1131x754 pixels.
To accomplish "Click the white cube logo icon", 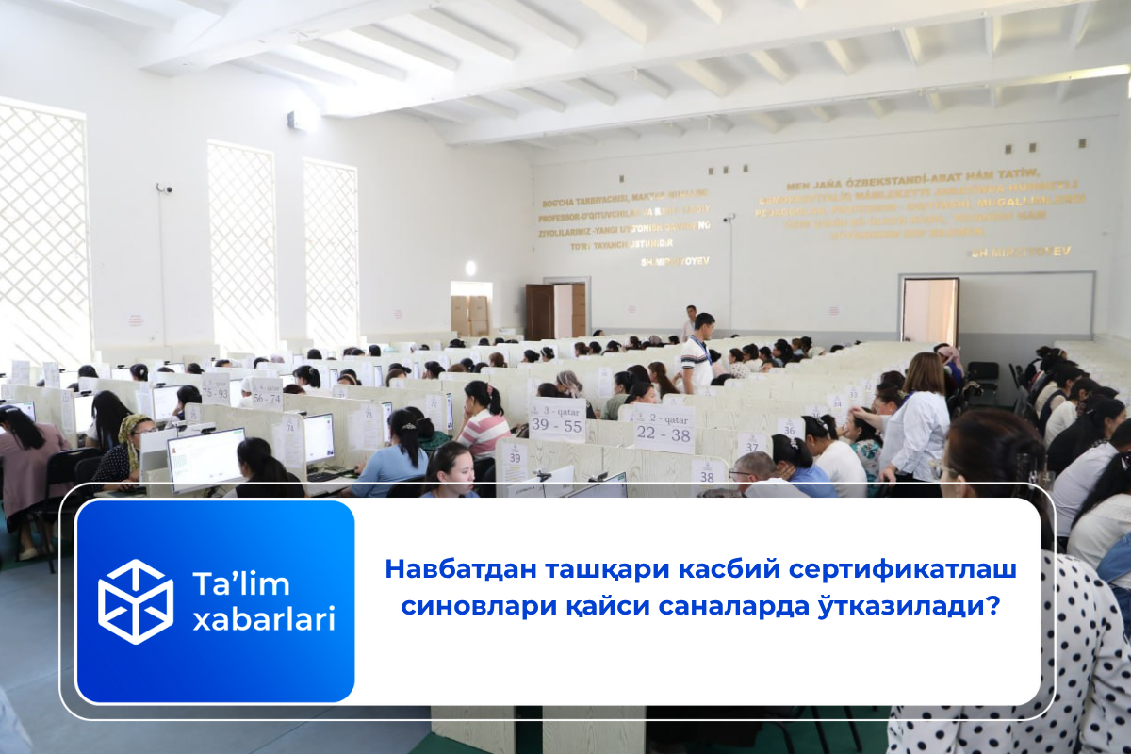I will point(136,601).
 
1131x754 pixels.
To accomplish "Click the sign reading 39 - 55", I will point(557,419).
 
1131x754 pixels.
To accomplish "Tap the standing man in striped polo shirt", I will point(698,353).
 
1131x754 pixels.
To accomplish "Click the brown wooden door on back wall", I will point(540,311).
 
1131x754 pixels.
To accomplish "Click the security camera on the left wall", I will point(164,188).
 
